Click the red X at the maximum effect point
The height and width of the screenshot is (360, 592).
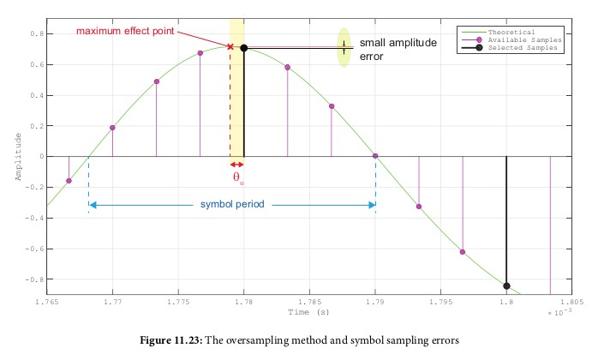[x=230, y=46]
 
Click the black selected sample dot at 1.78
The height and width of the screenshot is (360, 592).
[x=244, y=48]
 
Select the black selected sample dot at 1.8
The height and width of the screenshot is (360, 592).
[x=506, y=286]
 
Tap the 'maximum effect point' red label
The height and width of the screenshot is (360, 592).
[x=125, y=32]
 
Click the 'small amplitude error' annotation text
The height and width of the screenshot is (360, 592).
[x=398, y=49]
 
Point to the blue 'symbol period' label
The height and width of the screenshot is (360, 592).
[x=232, y=205]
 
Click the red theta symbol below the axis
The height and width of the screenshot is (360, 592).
[x=237, y=177]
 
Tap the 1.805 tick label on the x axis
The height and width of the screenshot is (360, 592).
[x=571, y=302]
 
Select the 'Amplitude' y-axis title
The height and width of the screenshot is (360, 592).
[x=17, y=157]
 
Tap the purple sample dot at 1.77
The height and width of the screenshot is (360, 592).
[x=112, y=128]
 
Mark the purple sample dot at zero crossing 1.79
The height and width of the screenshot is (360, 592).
[x=375, y=156]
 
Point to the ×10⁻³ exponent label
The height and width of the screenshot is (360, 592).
[x=560, y=313]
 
